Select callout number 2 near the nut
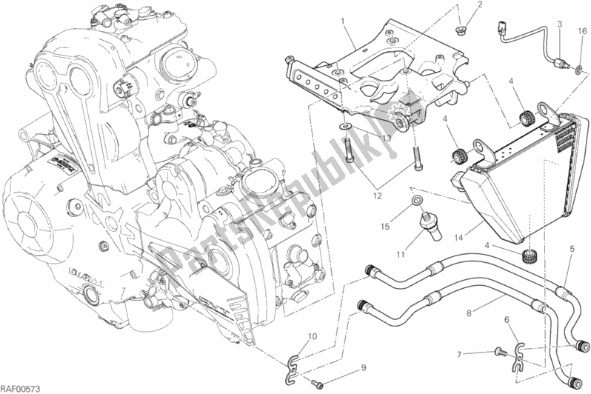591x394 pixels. coord(481,5)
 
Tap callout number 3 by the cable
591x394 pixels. coord(560,25)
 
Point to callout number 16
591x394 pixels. coord(582,32)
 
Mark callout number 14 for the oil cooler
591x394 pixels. coord(459,238)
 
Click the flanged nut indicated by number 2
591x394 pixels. coord(461,30)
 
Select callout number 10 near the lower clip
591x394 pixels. coord(312,336)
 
